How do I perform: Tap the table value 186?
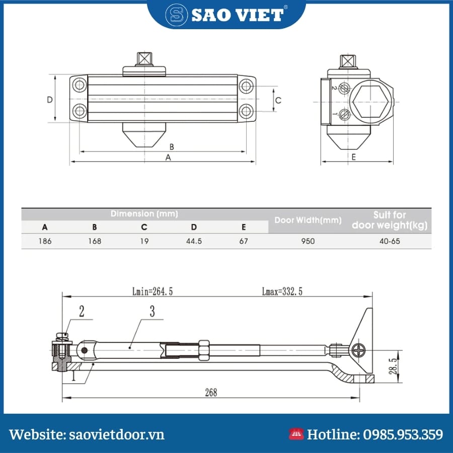pos(45,241)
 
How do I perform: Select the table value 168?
pos(94,241)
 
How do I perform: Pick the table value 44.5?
pos(194,241)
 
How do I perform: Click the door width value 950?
pos(308,241)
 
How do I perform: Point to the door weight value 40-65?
pos(390,241)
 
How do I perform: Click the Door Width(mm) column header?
pos(308,220)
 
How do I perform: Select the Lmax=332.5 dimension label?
pos(282,291)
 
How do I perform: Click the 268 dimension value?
pos(211,392)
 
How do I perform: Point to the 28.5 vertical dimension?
pos(395,366)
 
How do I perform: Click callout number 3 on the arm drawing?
pos(153,311)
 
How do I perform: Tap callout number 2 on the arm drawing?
pos(82,311)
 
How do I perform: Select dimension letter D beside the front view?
pos(50,100)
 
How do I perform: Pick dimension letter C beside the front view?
pos(278,100)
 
